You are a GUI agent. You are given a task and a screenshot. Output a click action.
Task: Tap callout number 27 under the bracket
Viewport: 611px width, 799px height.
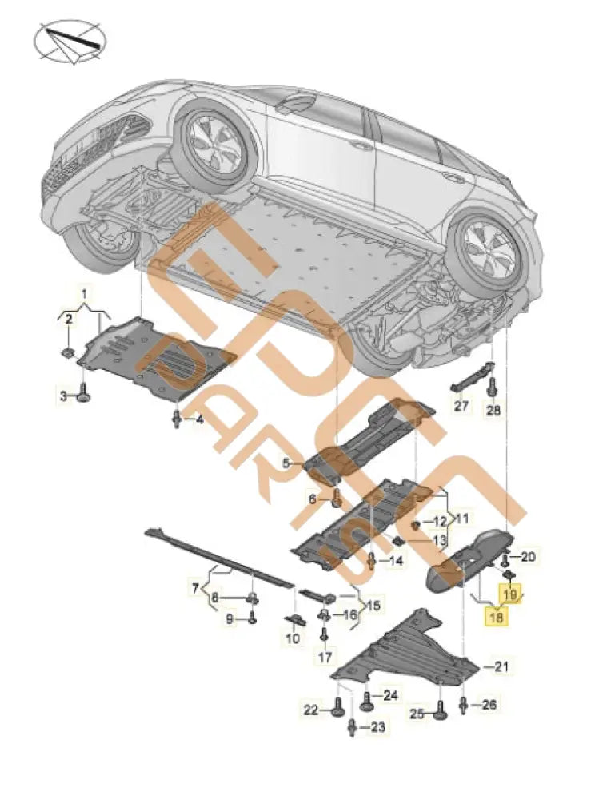point(461,406)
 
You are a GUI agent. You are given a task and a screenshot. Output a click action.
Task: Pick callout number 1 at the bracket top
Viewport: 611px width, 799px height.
point(84,287)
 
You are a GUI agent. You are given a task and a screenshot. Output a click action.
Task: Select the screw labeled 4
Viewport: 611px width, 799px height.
point(177,418)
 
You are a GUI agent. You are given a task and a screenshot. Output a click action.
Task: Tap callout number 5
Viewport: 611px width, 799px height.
point(285,463)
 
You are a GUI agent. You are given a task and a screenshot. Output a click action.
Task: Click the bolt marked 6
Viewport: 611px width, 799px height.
point(337,499)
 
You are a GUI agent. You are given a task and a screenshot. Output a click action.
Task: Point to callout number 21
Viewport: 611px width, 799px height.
point(501,666)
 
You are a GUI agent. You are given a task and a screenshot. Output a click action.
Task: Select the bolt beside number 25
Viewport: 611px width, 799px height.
point(441,711)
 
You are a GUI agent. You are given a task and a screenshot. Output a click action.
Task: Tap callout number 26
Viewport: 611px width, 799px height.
point(489,704)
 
